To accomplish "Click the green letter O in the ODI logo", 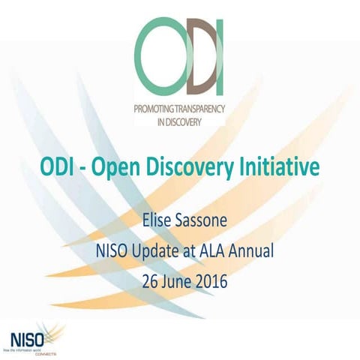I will tap(162, 54).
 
